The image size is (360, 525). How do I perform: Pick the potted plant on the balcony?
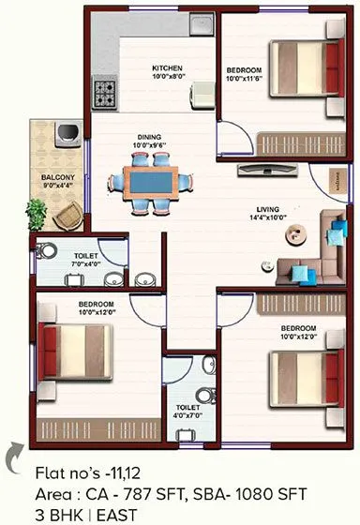[x=37, y=214]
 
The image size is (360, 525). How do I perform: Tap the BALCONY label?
[x=56, y=176]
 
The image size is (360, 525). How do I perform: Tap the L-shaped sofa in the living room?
[x=319, y=248]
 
